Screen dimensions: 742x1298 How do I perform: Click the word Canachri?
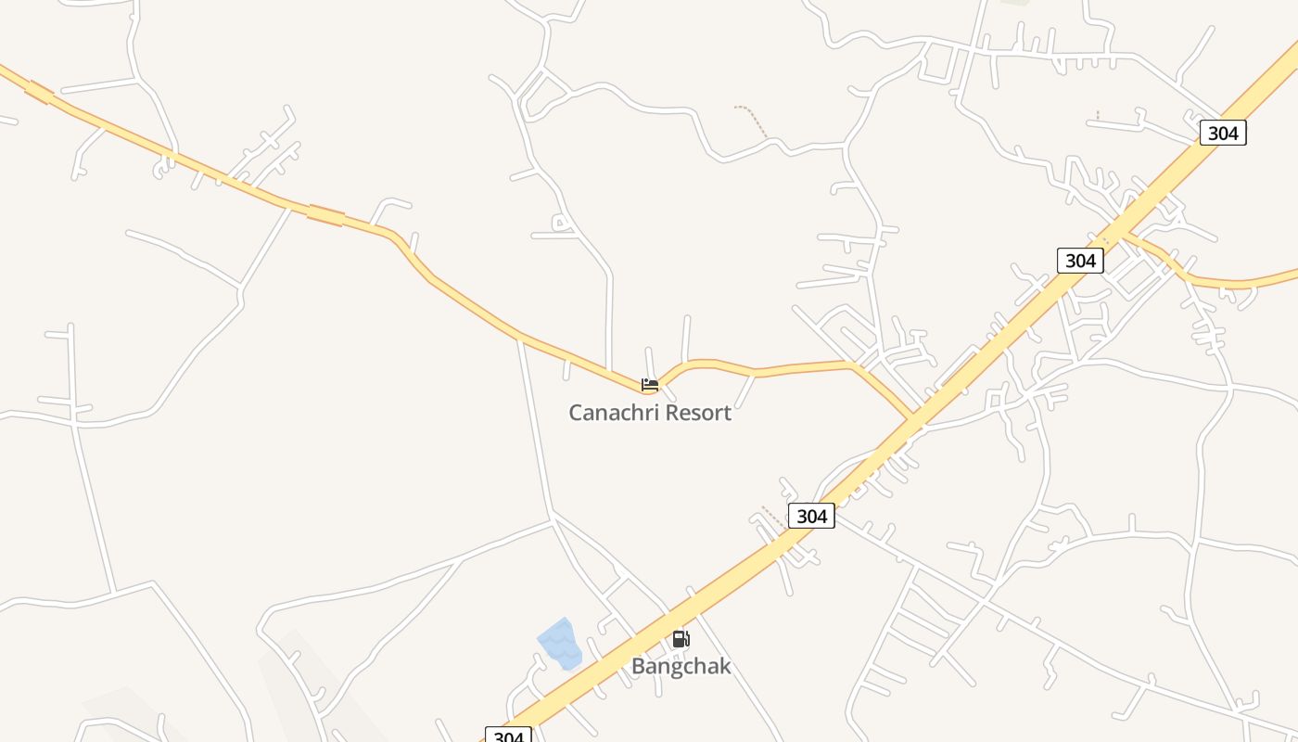(612, 413)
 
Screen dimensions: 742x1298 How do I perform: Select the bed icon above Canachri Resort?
(650, 384)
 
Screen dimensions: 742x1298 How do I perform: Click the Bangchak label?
(681, 666)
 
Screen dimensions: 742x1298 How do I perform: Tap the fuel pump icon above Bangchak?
(681, 639)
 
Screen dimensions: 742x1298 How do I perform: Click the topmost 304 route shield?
(1223, 133)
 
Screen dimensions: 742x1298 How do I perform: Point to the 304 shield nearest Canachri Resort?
(811, 516)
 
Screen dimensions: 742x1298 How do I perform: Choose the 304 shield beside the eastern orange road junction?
(1080, 261)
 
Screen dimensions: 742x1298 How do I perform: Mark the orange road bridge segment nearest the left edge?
(40, 91)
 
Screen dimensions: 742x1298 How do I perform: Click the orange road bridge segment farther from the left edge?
(325, 215)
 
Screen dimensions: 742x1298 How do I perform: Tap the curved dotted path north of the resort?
(753, 121)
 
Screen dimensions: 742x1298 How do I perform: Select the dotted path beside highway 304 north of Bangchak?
(773, 516)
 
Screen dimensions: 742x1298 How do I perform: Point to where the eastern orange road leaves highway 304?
(1122, 235)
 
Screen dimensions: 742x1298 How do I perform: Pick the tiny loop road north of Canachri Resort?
(560, 223)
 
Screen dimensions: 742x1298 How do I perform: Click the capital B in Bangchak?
(639, 666)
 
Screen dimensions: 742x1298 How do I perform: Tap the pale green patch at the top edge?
(1017, 2)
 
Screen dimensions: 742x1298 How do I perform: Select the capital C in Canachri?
(576, 413)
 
